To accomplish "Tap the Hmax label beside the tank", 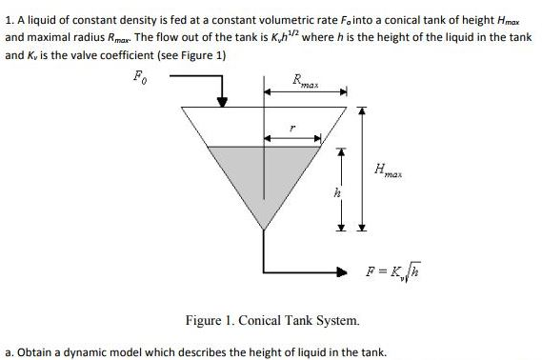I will [x=389, y=171].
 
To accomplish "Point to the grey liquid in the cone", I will [x=262, y=176].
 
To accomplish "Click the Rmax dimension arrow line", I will [x=305, y=94].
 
